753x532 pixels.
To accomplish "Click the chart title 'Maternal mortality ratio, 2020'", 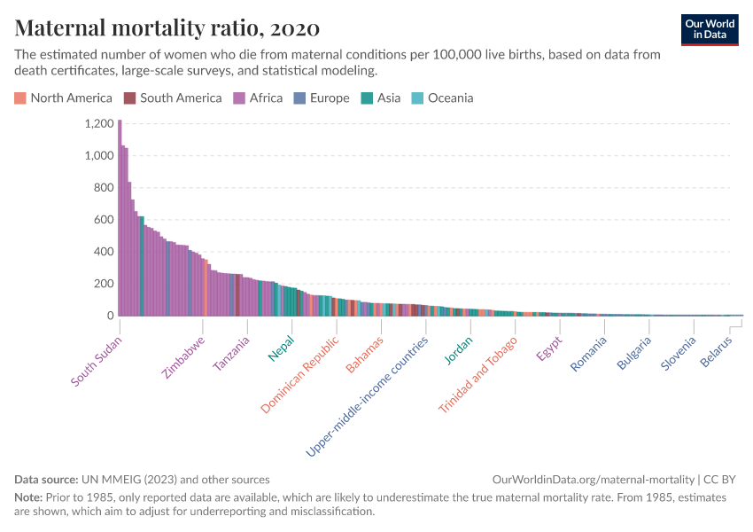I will pyautogui.click(x=167, y=27).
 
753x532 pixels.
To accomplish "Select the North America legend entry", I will pyautogui.click(x=63, y=98).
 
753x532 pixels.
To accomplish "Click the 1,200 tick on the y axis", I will pyautogui.click(x=98, y=124).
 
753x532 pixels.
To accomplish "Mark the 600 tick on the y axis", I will pyautogui.click(x=103, y=220).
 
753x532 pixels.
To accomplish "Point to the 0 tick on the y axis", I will pyautogui.click(x=110, y=316).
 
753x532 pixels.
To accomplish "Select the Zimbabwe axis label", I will pyautogui.click(x=184, y=357).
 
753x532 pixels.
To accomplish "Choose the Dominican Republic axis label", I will pyautogui.click(x=299, y=375).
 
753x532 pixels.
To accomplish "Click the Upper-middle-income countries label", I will pyautogui.click(x=367, y=396).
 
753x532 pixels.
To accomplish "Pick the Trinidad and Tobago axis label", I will pyautogui.click(x=477, y=375).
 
